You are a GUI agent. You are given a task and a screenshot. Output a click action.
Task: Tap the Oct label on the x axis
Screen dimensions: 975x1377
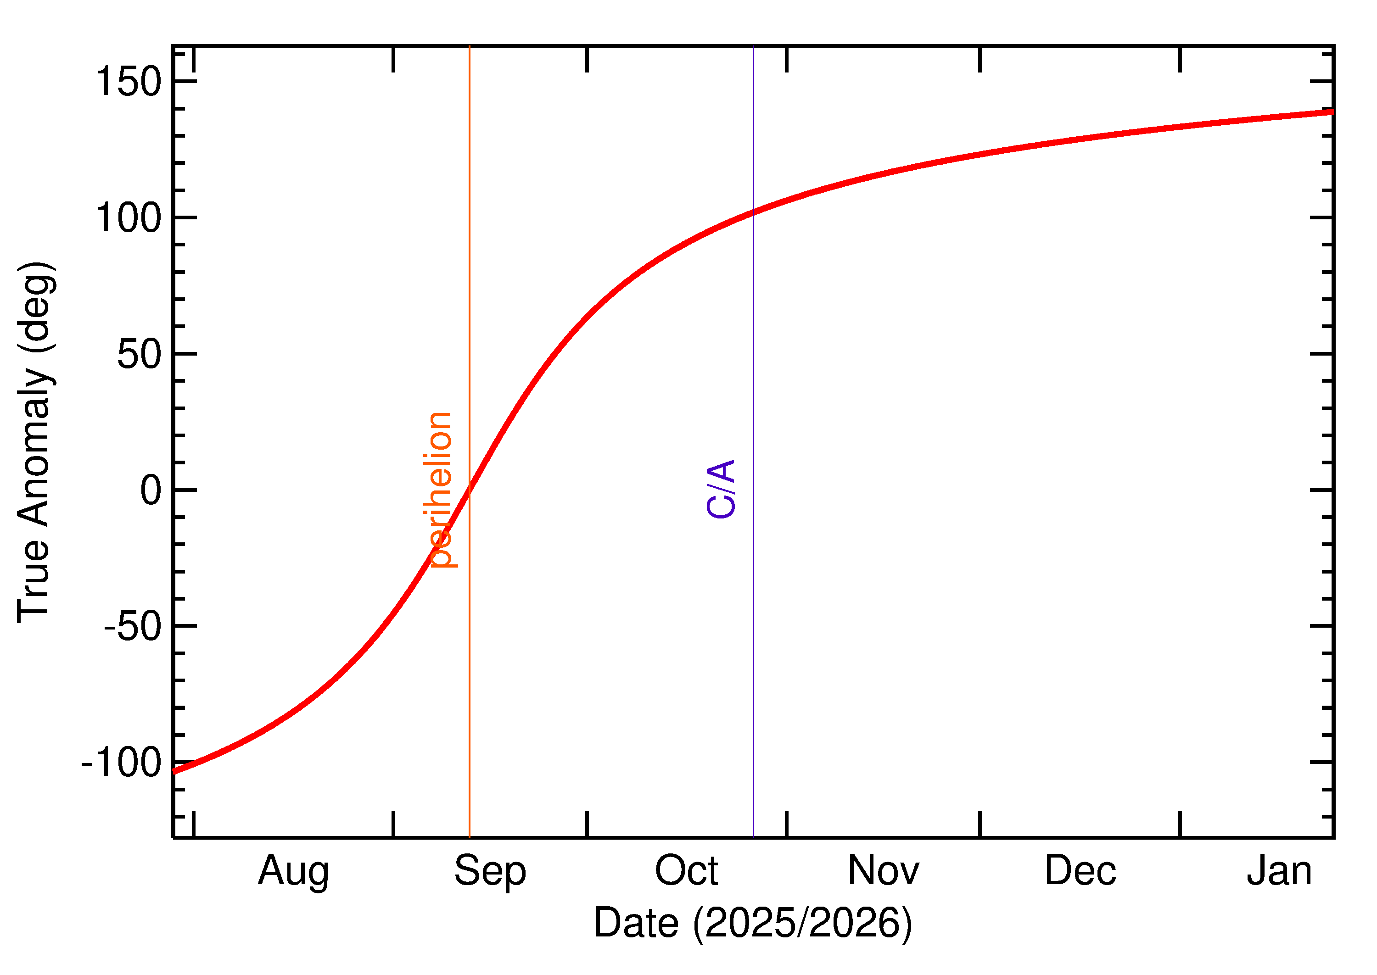(x=686, y=870)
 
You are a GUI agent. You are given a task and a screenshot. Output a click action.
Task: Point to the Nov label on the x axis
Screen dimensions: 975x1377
(x=884, y=870)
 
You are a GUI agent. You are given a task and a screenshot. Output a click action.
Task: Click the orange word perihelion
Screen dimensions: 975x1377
(x=440, y=489)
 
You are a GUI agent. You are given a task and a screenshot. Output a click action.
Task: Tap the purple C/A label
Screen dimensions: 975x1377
(x=721, y=489)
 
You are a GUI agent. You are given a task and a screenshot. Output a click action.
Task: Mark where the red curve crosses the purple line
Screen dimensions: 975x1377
(x=753, y=212)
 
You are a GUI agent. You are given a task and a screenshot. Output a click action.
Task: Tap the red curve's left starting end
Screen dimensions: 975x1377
(x=174, y=771)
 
